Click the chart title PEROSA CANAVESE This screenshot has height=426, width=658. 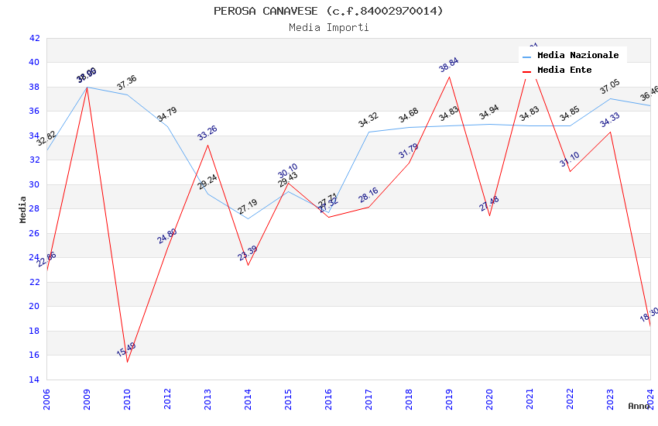point(329,11)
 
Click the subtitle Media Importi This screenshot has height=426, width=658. point(329,27)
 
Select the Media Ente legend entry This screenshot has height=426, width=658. point(564,70)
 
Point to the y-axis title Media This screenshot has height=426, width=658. point(23,209)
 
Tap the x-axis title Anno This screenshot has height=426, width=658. point(639,406)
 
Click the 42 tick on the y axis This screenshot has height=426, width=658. point(34,38)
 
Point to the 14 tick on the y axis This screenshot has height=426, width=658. point(34,380)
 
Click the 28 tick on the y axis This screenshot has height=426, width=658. point(34,209)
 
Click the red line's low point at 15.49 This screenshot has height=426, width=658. point(127,362)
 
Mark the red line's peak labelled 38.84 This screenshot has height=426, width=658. point(449,77)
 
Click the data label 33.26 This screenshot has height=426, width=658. point(207,132)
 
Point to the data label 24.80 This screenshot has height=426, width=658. point(167,235)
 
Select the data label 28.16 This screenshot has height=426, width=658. point(368,195)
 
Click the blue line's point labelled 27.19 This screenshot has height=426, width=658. point(248,218)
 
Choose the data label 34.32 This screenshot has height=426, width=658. point(368,120)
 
